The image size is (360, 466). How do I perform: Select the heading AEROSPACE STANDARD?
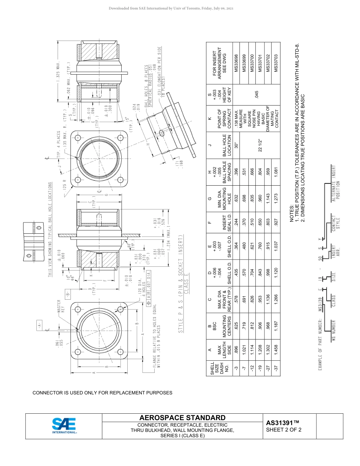[182, 418]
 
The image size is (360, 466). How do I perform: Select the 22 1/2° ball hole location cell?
[260, 144]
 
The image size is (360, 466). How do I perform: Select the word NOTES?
[291, 212]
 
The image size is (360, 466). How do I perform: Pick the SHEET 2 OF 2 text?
[283, 430]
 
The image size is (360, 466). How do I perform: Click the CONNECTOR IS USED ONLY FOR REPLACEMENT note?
[102, 393]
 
